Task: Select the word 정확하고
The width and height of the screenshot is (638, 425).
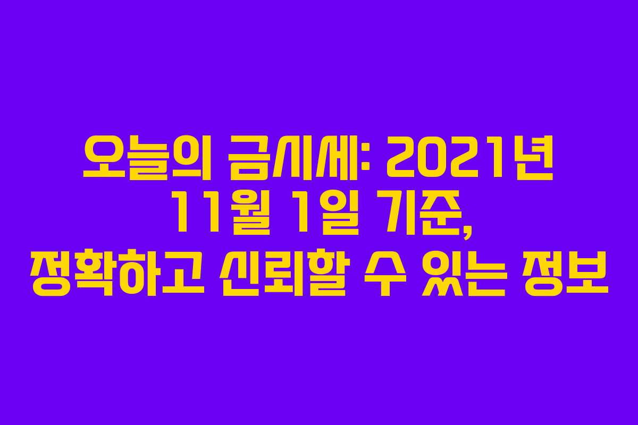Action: click(x=117, y=278)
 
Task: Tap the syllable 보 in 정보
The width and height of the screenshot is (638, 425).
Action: click(x=587, y=278)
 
